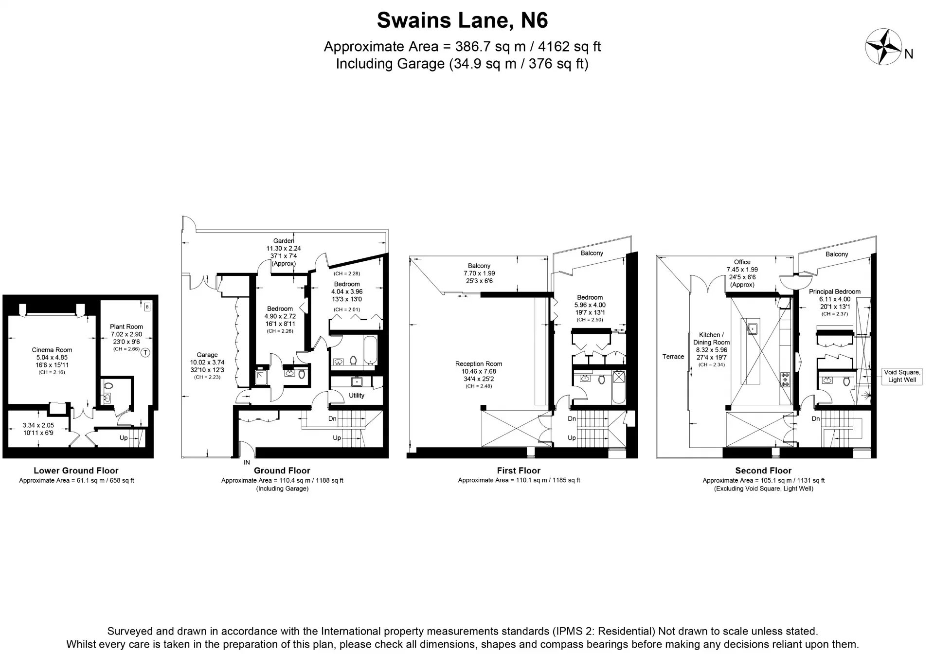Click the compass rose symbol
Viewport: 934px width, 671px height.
tap(884, 46)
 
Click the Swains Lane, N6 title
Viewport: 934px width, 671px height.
tap(462, 20)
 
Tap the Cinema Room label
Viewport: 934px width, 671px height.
tap(52, 350)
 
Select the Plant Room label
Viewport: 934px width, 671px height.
tap(126, 326)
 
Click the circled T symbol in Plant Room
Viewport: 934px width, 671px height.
tap(145, 353)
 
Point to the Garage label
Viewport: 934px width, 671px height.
tap(207, 355)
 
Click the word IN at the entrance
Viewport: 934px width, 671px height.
tap(247, 462)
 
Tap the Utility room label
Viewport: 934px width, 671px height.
tap(357, 396)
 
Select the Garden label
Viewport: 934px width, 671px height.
tap(283, 241)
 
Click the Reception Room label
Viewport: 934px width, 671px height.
tap(479, 364)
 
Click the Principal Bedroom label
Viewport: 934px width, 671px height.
tap(835, 292)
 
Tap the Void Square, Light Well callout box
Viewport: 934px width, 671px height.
tap(902, 376)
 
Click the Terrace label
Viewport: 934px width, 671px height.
tap(673, 357)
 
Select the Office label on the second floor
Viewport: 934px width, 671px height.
tap(742, 262)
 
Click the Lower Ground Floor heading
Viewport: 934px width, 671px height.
tap(76, 471)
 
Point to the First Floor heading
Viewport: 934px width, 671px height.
tap(519, 471)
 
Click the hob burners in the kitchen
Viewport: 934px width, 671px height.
tap(785, 379)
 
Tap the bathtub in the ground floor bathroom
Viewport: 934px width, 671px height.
tap(370, 349)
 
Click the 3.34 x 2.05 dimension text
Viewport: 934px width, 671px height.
tap(38, 425)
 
